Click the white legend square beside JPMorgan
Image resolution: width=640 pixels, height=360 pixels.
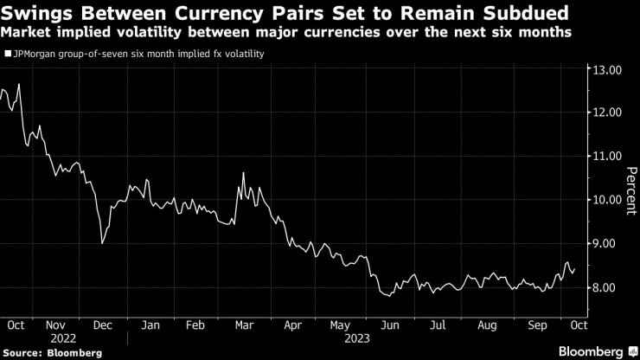8,54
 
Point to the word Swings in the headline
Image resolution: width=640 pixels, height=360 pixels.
35,14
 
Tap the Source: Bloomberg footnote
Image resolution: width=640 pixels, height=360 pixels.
53,352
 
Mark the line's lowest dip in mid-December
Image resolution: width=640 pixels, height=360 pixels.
103,243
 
